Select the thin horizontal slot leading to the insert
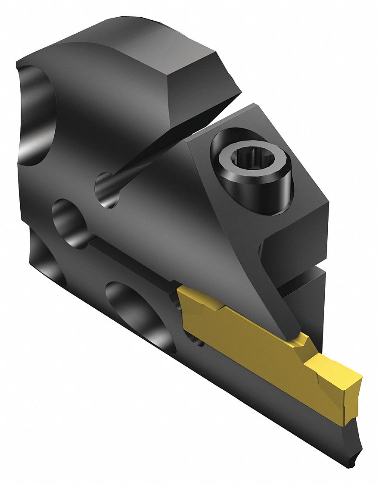coord(129,259)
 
